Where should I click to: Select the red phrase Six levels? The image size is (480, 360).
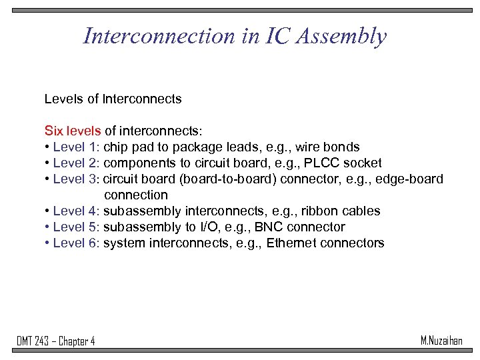tap(72, 131)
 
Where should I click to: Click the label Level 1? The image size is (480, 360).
tap(76, 147)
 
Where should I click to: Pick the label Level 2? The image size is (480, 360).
tap(76, 163)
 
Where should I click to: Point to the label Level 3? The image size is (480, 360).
tap(76, 179)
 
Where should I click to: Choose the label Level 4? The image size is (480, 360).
tap(76, 211)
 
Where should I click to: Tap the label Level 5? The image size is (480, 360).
tap(76, 227)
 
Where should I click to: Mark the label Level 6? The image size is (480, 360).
tap(76, 243)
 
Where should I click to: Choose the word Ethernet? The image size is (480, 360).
tap(293, 243)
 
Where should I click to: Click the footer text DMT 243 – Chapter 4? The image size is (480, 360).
tap(56, 341)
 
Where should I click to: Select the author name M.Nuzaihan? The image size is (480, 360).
tap(441, 341)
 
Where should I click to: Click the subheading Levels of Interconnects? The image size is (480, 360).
tap(113, 99)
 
